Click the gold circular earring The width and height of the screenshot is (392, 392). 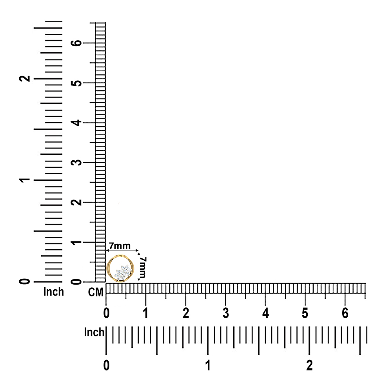click(108, 268)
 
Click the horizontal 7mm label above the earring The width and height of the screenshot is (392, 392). click(120, 246)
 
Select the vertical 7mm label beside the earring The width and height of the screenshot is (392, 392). click(143, 267)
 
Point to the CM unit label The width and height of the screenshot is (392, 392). click(96, 292)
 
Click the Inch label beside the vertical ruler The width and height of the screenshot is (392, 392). click(53, 292)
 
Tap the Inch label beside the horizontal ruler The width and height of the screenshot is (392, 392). click(94, 332)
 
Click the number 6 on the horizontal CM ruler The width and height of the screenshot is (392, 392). click(345, 313)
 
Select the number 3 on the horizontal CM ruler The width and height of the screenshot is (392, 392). click(225, 313)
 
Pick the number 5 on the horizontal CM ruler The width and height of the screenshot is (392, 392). click(305, 313)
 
